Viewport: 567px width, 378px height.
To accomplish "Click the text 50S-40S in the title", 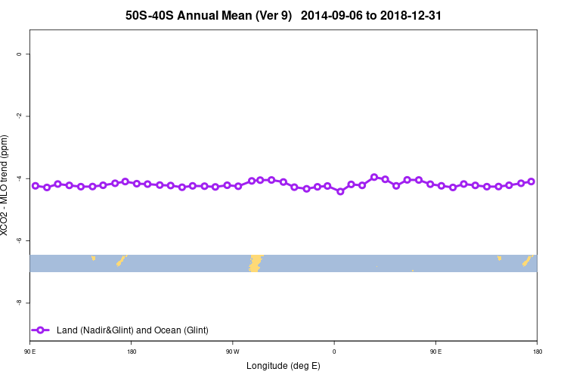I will (x=150, y=15).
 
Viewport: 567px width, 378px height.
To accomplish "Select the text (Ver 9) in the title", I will (x=270, y=15).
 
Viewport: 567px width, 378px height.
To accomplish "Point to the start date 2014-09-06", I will (x=340, y=15).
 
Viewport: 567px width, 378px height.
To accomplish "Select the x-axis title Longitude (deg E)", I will (x=283, y=366).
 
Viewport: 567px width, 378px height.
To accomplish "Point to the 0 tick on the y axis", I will (x=19, y=54).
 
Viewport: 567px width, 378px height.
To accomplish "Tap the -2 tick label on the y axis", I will (x=19, y=116).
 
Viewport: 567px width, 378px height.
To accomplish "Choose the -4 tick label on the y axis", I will (x=19, y=178).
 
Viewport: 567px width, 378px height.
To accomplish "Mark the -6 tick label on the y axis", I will (x=19, y=240).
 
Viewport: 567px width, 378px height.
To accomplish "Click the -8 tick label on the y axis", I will (x=19, y=302).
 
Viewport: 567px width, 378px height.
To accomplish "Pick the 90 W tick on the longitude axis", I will (x=232, y=352).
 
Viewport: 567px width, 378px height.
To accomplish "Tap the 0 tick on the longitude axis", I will (x=334, y=352).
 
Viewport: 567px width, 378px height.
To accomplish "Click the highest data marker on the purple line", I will (x=374, y=177).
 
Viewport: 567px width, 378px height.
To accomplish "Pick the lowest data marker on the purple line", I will (x=340, y=191).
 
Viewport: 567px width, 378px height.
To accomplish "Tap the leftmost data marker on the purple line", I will (x=35, y=185).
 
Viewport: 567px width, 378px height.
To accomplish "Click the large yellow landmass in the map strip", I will (x=256, y=262).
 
